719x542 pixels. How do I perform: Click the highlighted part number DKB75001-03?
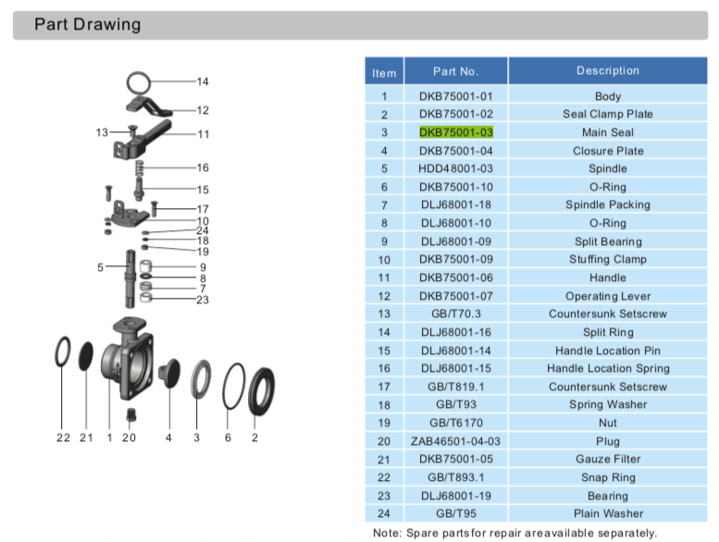point(456,132)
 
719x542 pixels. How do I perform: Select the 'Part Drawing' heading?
point(88,24)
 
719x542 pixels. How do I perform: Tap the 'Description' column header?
point(608,70)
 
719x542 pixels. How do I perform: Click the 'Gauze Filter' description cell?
point(608,459)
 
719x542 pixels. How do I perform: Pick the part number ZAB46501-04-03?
point(455,441)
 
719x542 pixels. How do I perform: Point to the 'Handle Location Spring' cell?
point(608,368)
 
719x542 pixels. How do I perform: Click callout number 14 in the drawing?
point(203,81)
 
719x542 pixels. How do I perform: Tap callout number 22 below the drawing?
point(63,438)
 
